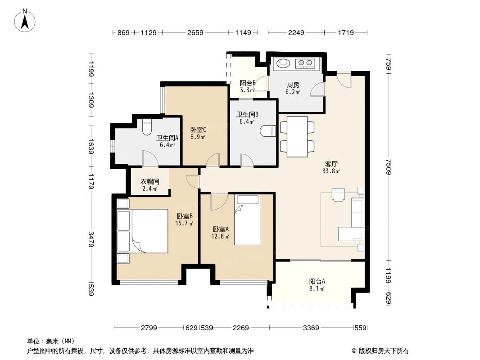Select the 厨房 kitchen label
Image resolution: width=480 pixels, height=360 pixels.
click(293, 85)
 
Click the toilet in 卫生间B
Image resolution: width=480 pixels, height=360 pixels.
click(267, 131)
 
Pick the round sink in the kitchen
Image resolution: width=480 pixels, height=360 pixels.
click(284, 63)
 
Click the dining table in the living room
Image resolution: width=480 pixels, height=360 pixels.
click(297, 137)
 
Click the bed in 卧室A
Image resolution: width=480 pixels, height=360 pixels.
click(248, 220)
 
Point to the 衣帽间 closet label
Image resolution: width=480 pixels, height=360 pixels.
click(149, 182)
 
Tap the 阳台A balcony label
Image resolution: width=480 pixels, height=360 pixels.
click(317, 281)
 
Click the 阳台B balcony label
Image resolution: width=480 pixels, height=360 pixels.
click(248, 83)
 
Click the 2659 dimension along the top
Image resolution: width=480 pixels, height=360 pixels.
click(195, 32)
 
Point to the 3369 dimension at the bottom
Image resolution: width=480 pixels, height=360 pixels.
click(310, 328)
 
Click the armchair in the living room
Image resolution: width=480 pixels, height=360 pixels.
click(338, 194)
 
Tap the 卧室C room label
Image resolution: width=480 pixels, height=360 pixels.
click(198, 129)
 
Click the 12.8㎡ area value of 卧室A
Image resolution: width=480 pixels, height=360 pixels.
click(221, 236)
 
